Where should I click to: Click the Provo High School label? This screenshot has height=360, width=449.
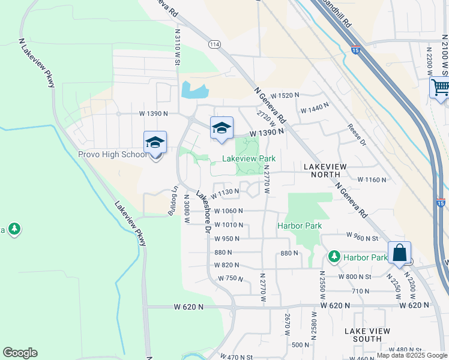112,155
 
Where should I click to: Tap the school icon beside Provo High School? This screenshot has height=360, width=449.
155,143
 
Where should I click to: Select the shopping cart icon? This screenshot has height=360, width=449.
440,88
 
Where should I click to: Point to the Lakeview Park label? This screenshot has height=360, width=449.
249,159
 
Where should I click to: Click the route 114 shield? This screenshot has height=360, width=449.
214,44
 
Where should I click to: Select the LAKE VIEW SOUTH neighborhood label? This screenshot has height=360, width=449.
367,335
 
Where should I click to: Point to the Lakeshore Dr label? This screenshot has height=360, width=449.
203,212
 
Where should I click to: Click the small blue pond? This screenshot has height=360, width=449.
194,91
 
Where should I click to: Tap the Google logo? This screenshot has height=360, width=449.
20,353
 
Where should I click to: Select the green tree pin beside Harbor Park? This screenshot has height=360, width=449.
334,257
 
